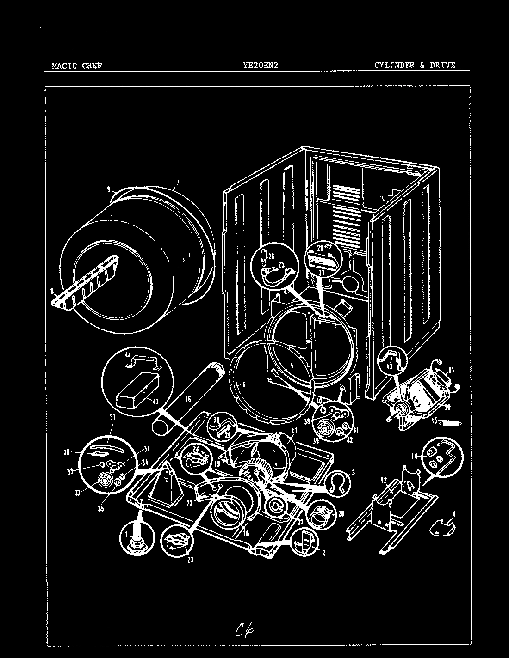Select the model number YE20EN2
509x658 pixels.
260,66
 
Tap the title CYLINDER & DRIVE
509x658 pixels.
415,65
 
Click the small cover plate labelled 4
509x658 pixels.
441,526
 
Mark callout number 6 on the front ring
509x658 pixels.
244,384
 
